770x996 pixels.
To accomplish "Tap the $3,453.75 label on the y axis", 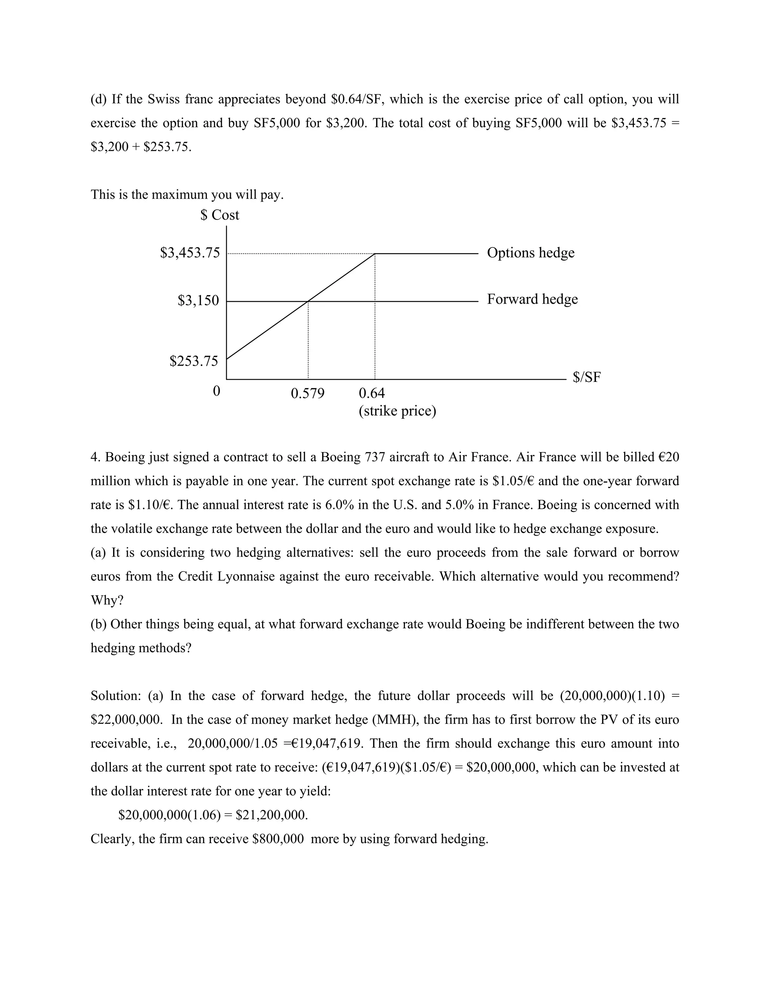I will [190, 253].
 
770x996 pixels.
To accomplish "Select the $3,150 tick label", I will [199, 301].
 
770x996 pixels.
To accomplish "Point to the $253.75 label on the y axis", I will [194, 361].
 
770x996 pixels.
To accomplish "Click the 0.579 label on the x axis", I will [308, 393].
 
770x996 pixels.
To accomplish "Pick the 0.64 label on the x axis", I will [372, 393].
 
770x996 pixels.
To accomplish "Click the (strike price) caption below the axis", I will [397, 411].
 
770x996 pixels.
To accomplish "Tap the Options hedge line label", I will [531, 253].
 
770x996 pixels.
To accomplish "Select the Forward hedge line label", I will [532, 299].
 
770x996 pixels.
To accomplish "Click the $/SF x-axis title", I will [587, 377].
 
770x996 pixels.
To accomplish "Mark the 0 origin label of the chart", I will [217, 391].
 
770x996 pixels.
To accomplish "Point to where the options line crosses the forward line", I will [308, 301].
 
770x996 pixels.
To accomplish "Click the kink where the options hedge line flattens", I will [375, 254].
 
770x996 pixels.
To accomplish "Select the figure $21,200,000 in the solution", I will [271, 815].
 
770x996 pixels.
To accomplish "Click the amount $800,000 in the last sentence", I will [278, 839].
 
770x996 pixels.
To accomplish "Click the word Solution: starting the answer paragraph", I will [116, 696].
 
